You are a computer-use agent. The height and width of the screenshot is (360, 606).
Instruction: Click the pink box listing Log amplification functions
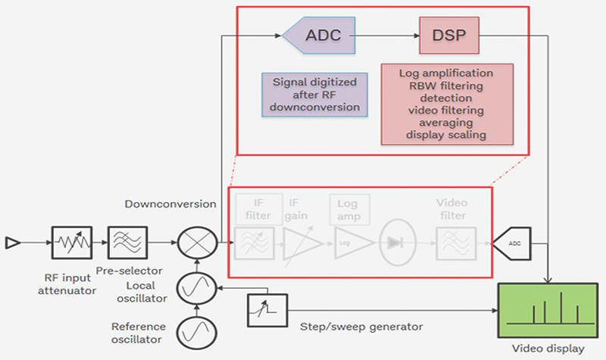coord(447,104)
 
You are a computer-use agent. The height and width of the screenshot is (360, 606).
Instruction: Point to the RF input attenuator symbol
coord(72,243)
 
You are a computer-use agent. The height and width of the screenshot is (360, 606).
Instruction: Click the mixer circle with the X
coord(196,243)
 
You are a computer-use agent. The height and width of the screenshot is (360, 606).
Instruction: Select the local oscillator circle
coord(196,289)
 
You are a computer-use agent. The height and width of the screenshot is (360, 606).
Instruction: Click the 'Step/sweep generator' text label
coord(357,327)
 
